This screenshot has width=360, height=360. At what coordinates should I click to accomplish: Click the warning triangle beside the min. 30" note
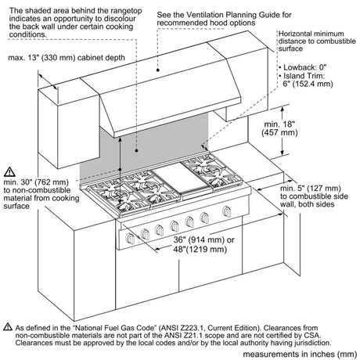point(9,172)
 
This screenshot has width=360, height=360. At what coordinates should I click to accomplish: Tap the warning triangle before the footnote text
point(8,326)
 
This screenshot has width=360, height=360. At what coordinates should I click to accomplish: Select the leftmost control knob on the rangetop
point(130,238)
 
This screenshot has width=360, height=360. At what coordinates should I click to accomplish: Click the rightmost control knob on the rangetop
point(227,211)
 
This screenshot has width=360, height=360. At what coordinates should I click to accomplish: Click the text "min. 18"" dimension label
point(279,124)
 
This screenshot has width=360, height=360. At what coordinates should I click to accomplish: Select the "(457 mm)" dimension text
point(279,132)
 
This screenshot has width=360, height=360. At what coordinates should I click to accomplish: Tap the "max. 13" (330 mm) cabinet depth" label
point(67,58)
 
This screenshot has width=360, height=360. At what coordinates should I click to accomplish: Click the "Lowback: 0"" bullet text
point(304,67)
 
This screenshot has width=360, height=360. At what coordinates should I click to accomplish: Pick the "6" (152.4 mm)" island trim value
point(308,84)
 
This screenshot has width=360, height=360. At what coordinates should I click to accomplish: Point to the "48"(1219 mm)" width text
point(200,249)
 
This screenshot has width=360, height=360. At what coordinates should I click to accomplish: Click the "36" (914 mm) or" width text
point(203,239)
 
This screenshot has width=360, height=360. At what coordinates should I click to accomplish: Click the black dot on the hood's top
point(158,70)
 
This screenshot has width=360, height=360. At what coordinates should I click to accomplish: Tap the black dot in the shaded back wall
point(136,150)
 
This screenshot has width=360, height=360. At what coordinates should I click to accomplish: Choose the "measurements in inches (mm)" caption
point(300,354)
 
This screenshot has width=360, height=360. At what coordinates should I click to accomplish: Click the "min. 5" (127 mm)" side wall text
point(311,188)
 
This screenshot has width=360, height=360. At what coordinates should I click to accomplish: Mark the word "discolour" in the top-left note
point(120,19)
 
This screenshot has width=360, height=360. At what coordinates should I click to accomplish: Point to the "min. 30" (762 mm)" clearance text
point(36,182)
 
